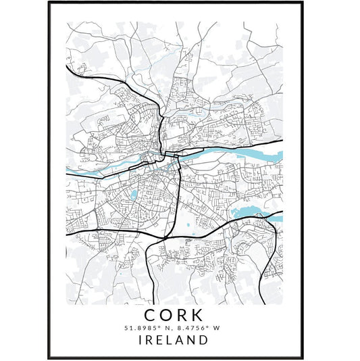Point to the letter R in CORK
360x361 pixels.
click(184, 316)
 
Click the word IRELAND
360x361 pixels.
click(176, 341)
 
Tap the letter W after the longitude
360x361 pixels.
click(217, 329)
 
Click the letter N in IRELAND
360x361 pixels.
click(192, 341)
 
